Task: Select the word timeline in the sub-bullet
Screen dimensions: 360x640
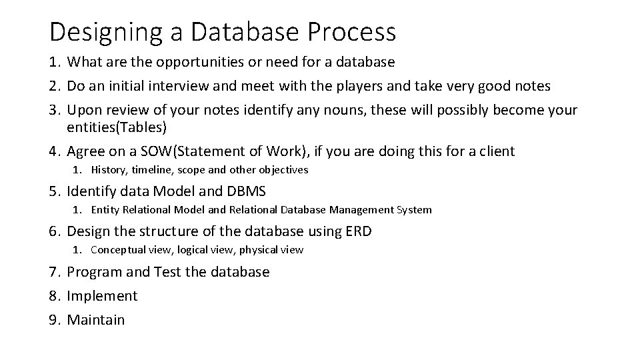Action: point(150,170)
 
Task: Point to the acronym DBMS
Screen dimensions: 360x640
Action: point(246,192)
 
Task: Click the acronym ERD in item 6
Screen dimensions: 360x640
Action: point(358,232)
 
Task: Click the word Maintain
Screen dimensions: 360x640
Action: point(96,320)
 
